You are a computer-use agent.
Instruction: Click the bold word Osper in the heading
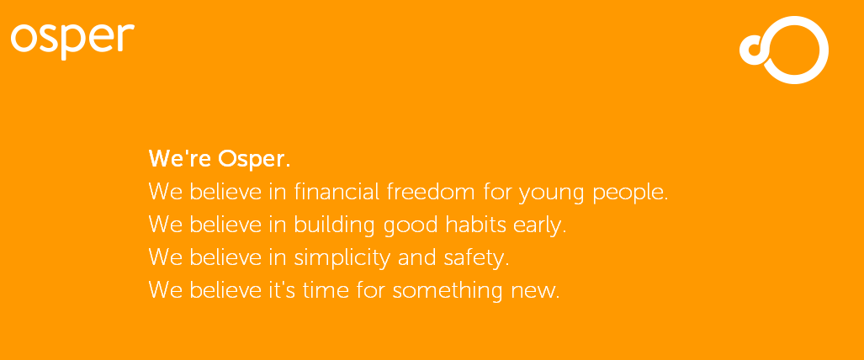click(254, 159)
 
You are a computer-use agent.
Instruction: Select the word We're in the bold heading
click(181, 159)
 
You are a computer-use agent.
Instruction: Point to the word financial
click(337, 191)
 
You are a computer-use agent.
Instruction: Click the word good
click(407, 226)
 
